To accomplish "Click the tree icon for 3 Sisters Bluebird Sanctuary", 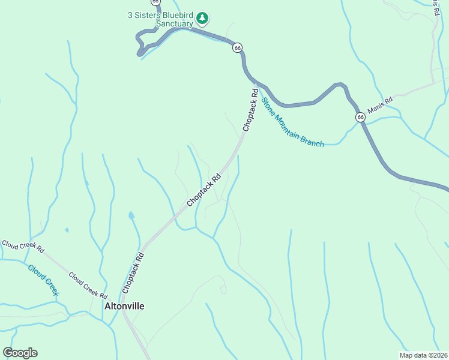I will pyautogui.click(x=203, y=19).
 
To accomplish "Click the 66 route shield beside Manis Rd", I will pyautogui.click(x=360, y=117).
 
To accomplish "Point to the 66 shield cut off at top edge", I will pyautogui.click(x=155, y=2).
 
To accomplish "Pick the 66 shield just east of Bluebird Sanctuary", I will pyautogui.click(x=238, y=47).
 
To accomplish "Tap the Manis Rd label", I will pyautogui.click(x=379, y=104).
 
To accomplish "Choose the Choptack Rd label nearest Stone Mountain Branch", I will pyautogui.click(x=250, y=110).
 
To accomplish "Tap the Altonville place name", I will pyautogui.click(x=124, y=305).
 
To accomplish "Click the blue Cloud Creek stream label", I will pyautogui.click(x=43, y=279).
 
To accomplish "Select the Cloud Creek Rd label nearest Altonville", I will pyautogui.click(x=88, y=286).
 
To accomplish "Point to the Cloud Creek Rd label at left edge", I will pyautogui.click(x=23, y=246).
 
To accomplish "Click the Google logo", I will pyautogui.click(x=20, y=353).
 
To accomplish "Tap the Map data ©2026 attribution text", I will pyautogui.click(x=424, y=354).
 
